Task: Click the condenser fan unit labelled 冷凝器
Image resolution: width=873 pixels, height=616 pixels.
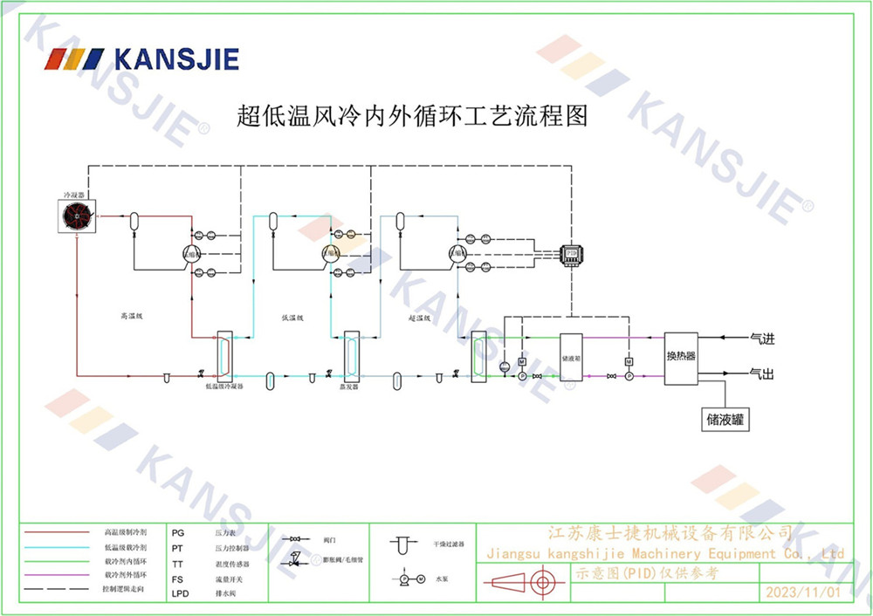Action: click(x=77, y=215)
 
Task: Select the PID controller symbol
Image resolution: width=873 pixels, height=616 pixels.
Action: click(x=571, y=253)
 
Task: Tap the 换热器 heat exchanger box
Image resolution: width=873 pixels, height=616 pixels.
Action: click(x=681, y=356)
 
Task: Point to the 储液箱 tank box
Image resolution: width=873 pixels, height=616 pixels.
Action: click(x=572, y=357)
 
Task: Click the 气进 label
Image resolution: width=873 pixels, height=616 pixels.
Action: click(x=763, y=337)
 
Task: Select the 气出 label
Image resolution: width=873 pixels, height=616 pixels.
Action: click(x=763, y=373)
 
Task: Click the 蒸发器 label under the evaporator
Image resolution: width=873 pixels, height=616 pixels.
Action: click(x=350, y=386)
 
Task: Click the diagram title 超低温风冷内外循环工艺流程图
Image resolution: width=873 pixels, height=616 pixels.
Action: click(x=413, y=116)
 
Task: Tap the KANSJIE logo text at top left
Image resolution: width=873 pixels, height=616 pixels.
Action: click(x=175, y=59)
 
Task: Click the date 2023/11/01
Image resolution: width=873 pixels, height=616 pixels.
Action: click(x=802, y=592)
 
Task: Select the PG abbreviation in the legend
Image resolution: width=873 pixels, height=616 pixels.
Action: click(x=178, y=531)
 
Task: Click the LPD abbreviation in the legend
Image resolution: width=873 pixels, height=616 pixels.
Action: click(x=180, y=593)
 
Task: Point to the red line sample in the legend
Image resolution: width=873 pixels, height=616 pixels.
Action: click(x=57, y=531)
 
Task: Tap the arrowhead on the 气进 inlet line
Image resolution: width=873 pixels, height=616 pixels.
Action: click(x=721, y=337)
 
